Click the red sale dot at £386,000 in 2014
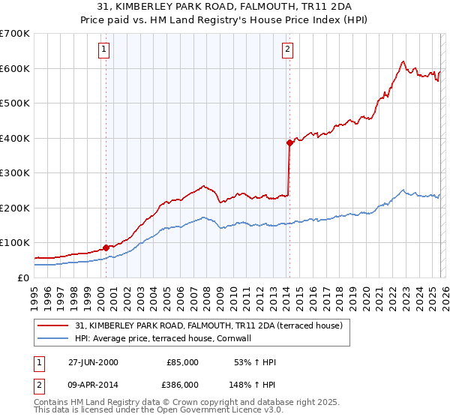289,142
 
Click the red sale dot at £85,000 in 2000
106,247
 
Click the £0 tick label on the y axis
22,277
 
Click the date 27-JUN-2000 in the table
93,362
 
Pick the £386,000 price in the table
182,383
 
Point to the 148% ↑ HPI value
253,383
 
